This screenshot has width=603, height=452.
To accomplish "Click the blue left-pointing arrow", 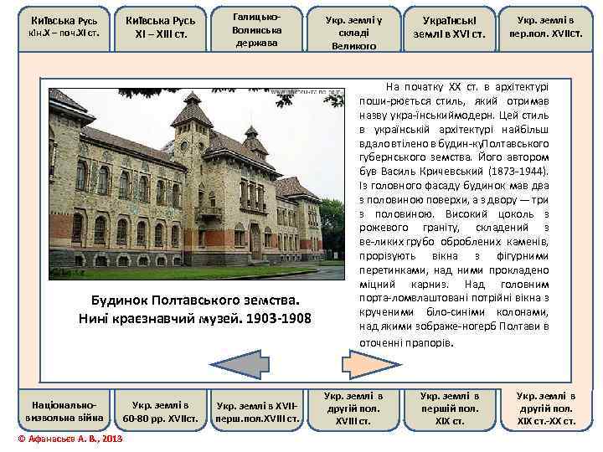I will (x=236, y=361).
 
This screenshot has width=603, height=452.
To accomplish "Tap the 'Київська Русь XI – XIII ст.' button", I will (x=160, y=30).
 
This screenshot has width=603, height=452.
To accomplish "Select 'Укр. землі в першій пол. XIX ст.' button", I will (x=450, y=408).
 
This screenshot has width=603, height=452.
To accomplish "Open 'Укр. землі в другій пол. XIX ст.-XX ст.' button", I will (x=546, y=408).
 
